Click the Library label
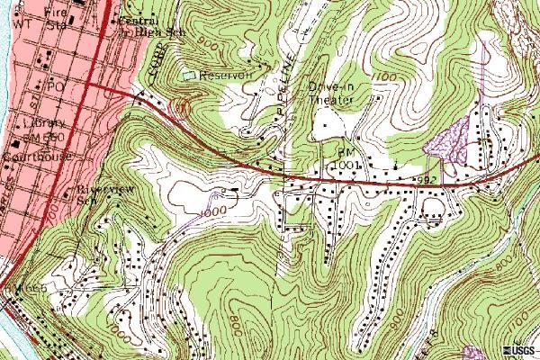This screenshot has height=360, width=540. pyautogui.click(x=50, y=122)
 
